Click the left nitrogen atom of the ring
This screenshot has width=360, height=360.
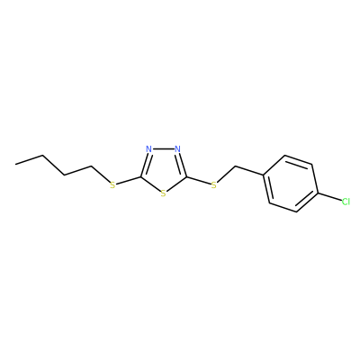[148, 148]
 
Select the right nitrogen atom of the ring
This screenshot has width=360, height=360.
[177, 148]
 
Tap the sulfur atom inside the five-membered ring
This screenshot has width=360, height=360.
[163, 193]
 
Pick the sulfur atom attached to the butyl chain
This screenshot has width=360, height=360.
[112, 185]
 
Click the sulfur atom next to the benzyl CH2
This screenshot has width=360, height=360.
[214, 185]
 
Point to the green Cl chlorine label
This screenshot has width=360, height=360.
[346, 202]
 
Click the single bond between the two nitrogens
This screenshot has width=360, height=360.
[163, 148]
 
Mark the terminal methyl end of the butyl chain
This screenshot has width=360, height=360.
[15, 164]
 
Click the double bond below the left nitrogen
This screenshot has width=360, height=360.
[145, 165]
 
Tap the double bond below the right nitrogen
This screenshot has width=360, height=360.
[182, 165]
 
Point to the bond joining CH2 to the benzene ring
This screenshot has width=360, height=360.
[249, 170]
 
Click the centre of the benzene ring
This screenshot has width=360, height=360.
[290, 184]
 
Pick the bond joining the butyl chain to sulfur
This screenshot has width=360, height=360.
[100, 174]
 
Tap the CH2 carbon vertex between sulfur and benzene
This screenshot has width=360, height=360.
[236, 166]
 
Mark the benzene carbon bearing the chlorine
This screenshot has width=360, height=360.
[317, 193]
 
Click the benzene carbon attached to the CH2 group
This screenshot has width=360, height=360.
[264, 175]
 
